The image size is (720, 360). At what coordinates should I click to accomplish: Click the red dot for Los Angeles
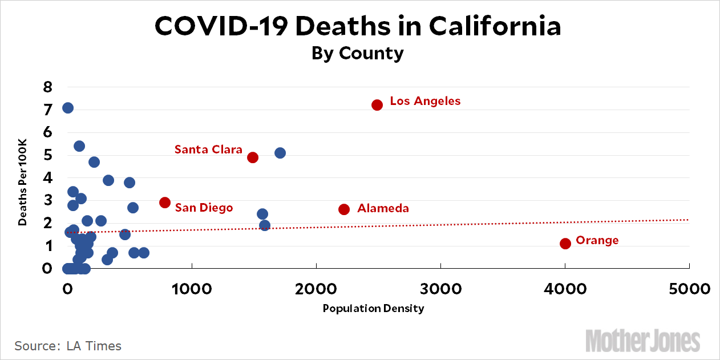(x=377, y=105)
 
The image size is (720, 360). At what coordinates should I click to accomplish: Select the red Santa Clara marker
(x=253, y=157)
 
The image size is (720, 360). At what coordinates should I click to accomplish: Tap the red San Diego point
(x=165, y=203)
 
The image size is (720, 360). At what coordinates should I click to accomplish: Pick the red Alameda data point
(x=344, y=209)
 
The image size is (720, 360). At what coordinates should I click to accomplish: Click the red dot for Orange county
(x=565, y=244)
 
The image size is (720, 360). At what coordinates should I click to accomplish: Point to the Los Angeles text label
(x=425, y=101)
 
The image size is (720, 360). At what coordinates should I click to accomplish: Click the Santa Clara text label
(x=208, y=149)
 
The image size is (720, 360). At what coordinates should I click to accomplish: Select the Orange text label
(x=597, y=240)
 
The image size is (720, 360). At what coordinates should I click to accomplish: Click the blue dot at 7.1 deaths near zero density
(x=68, y=108)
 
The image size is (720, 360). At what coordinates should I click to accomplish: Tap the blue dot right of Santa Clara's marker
(x=280, y=153)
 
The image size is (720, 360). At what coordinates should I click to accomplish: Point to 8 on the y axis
(x=48, y=87)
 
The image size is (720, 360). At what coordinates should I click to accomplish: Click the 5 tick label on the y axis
(x=48, y=155)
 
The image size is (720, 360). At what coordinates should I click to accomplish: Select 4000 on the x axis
(x=564, y=289)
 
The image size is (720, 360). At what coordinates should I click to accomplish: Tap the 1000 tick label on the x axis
(x=192, y=289)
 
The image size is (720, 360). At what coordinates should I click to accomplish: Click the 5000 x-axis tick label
(x=689, y=289)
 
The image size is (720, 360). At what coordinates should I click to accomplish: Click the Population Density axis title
(x=373, y=309)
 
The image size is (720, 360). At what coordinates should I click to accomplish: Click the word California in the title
(x=495, y=27)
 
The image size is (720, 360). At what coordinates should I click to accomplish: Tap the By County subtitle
(x=358, y=53)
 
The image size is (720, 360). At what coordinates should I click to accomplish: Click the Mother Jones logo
(x=642, y=341)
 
